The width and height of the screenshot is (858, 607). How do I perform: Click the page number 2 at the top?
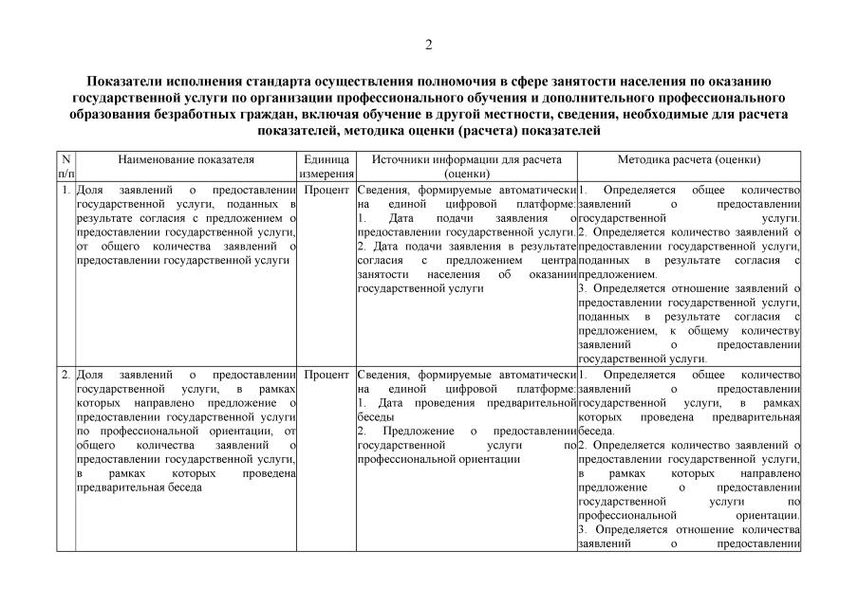tap(428, 45)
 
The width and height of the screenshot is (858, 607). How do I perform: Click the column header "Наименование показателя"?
tap(186, 160)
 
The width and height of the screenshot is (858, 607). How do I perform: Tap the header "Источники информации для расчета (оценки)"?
tap(466, 167)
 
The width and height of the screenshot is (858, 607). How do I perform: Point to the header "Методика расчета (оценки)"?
tap(688, 160)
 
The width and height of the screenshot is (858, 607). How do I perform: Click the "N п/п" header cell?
tap(65, 167)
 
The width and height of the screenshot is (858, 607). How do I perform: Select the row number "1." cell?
tap(65, 190)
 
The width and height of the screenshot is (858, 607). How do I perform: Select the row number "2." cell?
tap(65, 375)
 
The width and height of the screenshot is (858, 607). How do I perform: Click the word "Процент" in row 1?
tap(326, 190)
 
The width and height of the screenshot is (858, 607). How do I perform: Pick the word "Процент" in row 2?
tap(326, 375)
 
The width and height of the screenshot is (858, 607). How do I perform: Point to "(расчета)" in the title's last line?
tap(487, 130)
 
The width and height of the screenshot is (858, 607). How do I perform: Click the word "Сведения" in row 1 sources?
tap(383, 190)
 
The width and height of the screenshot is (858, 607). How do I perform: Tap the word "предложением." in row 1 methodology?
tap(610, 274)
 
